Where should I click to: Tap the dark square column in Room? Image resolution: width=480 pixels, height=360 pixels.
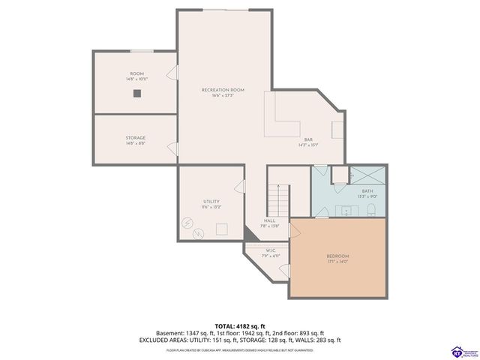pyautogui.click(x=136, y=94)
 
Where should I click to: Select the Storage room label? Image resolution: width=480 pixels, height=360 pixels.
pyautogui.click(x=135, y=138)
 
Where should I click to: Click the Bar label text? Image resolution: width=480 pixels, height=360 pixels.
pyautogui.click(x=308, y=140)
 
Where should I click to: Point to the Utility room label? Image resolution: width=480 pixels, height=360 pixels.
pyautogui.click(x=211, y=202)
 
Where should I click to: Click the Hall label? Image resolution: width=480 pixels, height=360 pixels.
pyautogui.click(x=268, y=220)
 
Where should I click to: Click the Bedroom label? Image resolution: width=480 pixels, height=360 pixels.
pyautogui.click(x=338, y=256)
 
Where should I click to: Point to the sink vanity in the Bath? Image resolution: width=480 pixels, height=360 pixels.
pyautogui.click(x=347, y=210)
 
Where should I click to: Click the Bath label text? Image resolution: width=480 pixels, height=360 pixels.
pyautogui.click(x=367, y=191)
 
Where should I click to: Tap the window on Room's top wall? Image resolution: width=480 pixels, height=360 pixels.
pyautogui.click(x=142, y=52)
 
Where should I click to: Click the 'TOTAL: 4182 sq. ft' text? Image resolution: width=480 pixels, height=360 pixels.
pyautogui.click(x=239, y=325)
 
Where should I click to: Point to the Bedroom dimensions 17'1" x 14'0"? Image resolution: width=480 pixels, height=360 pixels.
pyautogui.click(x=338, y=262)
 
